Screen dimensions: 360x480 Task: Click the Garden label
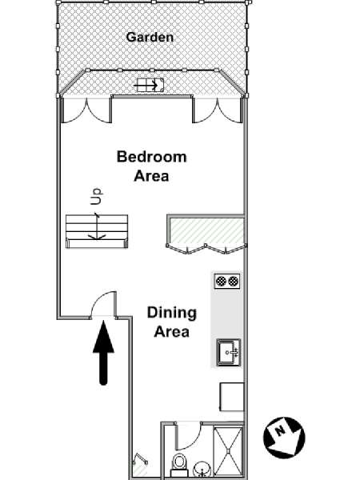150,37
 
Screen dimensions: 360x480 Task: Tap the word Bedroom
151,157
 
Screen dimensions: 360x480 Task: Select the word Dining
172,313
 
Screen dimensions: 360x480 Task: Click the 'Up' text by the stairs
96,196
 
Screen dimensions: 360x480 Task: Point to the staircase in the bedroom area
97,231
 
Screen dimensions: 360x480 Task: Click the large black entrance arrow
103,352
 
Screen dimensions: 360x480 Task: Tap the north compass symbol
284,438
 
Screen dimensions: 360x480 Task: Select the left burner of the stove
221,281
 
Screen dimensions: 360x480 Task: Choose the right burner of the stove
234,281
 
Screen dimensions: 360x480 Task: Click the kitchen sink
229,352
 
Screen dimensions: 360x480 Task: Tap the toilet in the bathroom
178,462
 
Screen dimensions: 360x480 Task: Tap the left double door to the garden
86,111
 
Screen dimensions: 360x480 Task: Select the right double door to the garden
218,111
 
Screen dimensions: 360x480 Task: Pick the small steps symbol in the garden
150,85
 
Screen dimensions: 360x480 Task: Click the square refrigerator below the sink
232,397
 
